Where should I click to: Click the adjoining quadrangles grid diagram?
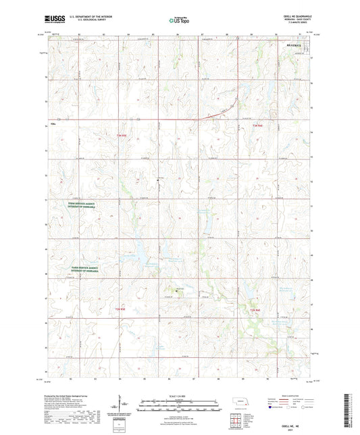(237, 422)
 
